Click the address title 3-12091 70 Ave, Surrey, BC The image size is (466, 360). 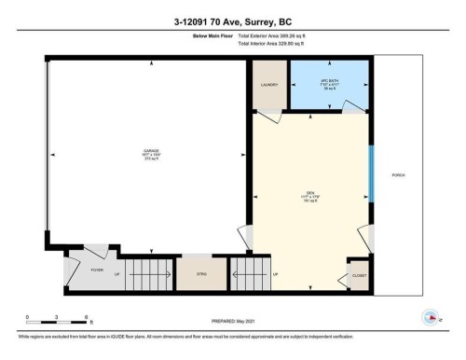tap(232, 18)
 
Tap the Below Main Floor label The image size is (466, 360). tap(204, 35)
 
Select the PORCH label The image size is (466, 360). tap(398, 173)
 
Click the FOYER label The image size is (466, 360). tap(97, 271)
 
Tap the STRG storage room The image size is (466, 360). tap(201, 274)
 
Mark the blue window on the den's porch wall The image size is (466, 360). tap(370, 173)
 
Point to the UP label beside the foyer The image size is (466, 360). tap(116, 275)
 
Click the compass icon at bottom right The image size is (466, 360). tap(431, 317)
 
